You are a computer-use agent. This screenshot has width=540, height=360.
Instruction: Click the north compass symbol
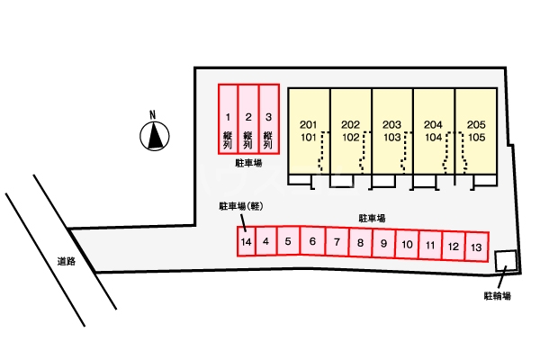click(x=155, y=135)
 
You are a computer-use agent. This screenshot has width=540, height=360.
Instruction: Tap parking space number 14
click(x=246, y=242)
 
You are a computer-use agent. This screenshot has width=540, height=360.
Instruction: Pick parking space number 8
click(x=359, y=243)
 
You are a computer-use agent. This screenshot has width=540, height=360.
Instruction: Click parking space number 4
click(x=266, y=242)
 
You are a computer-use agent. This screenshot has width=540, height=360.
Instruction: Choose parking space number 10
click(x=407, y=244)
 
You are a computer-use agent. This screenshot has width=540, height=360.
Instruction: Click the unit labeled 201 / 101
click(x=309, y=130)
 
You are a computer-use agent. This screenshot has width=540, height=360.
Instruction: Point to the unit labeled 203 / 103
click(x=391, y=130)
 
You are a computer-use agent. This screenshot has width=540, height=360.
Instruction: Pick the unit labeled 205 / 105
click(x=476, y=130)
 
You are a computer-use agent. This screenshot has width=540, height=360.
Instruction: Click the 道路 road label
click(x=65, y=262)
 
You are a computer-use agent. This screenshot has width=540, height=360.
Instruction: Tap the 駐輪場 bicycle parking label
click(x=496, y=295)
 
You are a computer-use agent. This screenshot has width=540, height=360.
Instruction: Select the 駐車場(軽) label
click(x=239, y=206)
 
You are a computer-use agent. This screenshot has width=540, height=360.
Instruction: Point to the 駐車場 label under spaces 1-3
click(x=247, y=164)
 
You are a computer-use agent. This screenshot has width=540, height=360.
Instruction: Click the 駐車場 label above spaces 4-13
click(x=372, y=219)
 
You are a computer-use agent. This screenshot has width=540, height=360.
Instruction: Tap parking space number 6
click(x=312, y=242)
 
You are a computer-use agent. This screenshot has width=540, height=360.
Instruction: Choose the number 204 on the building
click(x=434, y=124)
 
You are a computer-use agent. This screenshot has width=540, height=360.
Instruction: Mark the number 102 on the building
click(x=350, y=138)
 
